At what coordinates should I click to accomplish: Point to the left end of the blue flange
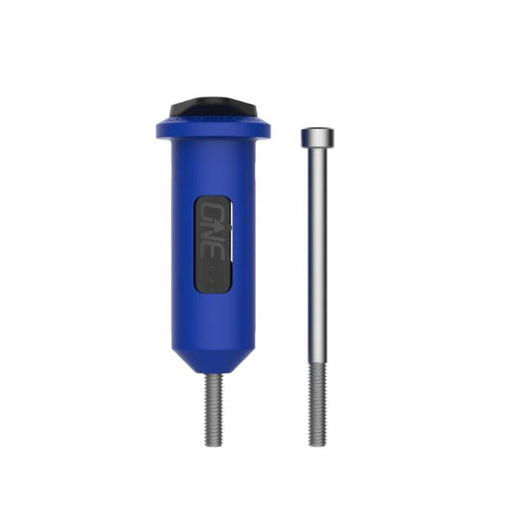point(158,129)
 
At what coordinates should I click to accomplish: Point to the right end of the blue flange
point(267,129)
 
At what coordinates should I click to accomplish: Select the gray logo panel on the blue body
point(214,244)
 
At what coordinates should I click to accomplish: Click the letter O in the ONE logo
point(214,214)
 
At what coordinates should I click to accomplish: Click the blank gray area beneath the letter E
point(214,281)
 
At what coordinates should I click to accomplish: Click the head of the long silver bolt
point(317,137)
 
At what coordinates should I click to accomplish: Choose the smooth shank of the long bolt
point(317,250)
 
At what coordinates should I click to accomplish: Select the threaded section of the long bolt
point(317,404)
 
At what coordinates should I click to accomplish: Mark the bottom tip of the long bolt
point(317,443)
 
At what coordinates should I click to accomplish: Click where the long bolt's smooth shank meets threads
point(317,362)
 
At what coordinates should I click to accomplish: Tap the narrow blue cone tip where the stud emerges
point(213,371)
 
